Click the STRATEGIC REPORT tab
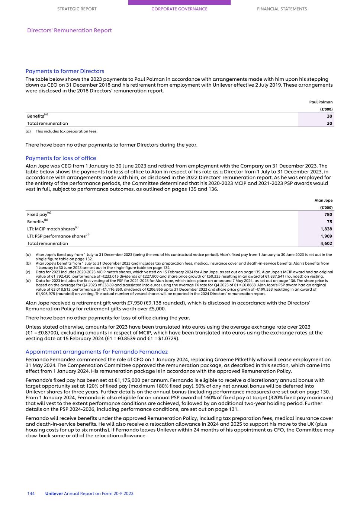77,9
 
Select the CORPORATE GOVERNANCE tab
179,9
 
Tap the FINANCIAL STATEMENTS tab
282,9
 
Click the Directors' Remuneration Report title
70,31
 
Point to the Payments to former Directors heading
65,71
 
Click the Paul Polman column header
321,102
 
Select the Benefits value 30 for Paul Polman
329,116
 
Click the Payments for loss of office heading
61,158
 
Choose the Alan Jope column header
323,200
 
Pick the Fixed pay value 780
328,214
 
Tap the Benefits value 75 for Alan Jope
329,222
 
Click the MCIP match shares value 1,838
326,229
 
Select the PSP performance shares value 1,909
326,236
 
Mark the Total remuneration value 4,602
326,244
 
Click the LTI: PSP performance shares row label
56,236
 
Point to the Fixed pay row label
37,215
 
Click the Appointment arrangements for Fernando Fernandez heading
96,352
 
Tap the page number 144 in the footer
31,493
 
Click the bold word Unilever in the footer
54,493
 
